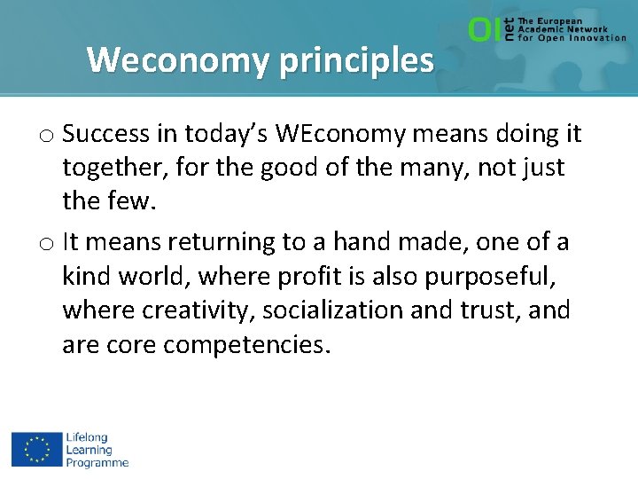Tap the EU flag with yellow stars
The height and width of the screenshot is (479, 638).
35,449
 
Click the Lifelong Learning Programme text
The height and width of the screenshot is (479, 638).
97,450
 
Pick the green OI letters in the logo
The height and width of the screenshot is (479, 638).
484,30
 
